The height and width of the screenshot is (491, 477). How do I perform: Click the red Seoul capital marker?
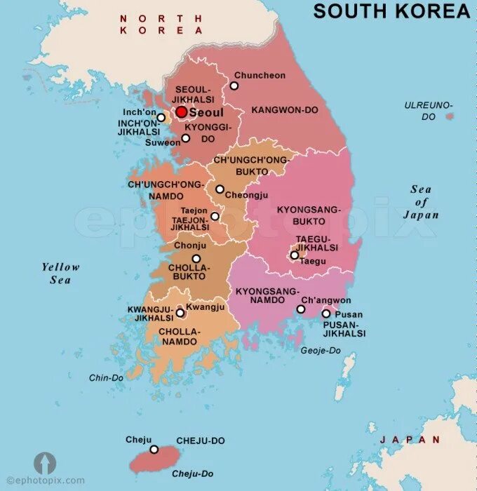pos(181,112)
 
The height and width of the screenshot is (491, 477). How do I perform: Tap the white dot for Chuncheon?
pos(234,86)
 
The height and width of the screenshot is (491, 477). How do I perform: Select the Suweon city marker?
pos(185,138)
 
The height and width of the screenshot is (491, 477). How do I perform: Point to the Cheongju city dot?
pos(220,189)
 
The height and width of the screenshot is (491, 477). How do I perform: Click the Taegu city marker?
pos(295,255)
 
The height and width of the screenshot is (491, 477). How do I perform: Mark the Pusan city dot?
pos(326,314)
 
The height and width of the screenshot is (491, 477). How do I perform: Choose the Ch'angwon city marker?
pos(301,309)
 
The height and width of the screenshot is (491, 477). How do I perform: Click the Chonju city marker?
pos(177,258)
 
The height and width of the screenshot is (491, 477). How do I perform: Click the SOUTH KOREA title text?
pos(391,11)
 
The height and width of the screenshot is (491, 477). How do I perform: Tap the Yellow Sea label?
pos(61,273)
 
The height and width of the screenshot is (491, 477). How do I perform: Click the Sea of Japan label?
pos(421,202)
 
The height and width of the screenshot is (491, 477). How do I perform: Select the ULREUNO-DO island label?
pos(429,111)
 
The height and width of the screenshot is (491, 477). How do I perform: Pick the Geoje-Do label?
pos(321,349)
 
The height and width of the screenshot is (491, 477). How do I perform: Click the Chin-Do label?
pos(106,377)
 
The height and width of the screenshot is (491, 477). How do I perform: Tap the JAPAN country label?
pos(410,440)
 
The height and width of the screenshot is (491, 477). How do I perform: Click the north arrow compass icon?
pos(44,463)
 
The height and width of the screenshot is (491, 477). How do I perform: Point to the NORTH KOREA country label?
pos(161,25)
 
